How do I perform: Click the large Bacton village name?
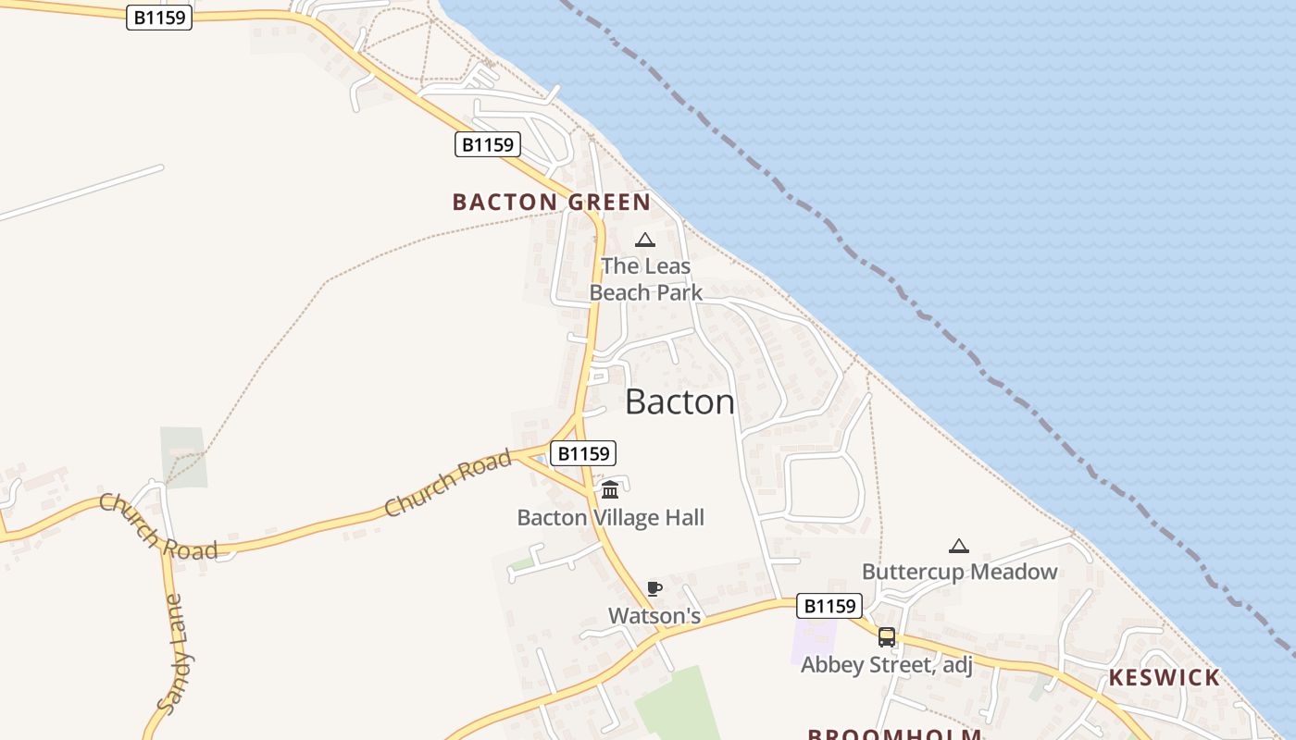(679, 401)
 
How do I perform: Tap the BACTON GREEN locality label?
(551, 202)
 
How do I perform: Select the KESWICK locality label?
(1164, 677)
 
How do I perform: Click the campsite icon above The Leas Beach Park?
(644, 240)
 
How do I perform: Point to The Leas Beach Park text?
(645, 279)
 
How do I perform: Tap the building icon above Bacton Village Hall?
(610, 489)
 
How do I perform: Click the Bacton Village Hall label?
(610, 517)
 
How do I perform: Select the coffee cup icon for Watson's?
(654, 588)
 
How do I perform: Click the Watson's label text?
(654, 615)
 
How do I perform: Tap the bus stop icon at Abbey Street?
(886, 636)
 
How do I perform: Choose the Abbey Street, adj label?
(886, 664)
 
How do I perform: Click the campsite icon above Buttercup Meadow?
(959, 546)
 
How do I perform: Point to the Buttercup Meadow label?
(959, 572)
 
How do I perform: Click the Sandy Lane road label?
(176, 653)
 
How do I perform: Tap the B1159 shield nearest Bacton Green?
(488, 144)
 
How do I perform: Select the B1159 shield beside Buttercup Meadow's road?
(829, 606)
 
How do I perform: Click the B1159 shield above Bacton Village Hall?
(583, 453)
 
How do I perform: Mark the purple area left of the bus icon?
(813, 640)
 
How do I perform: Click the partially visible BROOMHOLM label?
(893, 734)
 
